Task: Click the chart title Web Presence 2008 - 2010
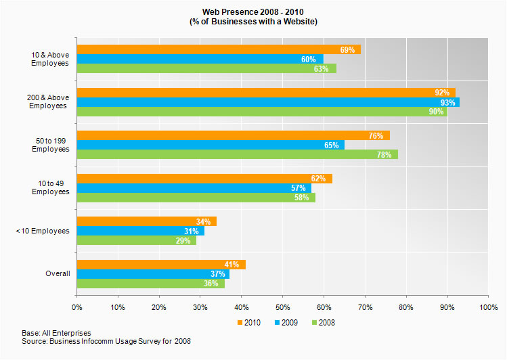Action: pos(253,12)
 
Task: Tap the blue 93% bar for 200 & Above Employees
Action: pos(267,102)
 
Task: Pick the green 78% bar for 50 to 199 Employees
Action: pos(237,154)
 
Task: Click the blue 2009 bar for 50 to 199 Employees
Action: pos(210,145)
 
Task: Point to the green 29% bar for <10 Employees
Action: pos(136,240)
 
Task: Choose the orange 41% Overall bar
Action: pos(161,264)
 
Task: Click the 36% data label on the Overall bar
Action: pos(211,284)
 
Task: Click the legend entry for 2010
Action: pos(250,323)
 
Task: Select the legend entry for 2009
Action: pos(285,323)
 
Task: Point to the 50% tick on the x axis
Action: pos(282,307)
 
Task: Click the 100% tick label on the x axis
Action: pos(488,307)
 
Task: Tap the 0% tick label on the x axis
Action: pos(76,307)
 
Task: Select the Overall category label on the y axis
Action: pos(58,273)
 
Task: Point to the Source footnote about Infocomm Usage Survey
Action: pos(106,342)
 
